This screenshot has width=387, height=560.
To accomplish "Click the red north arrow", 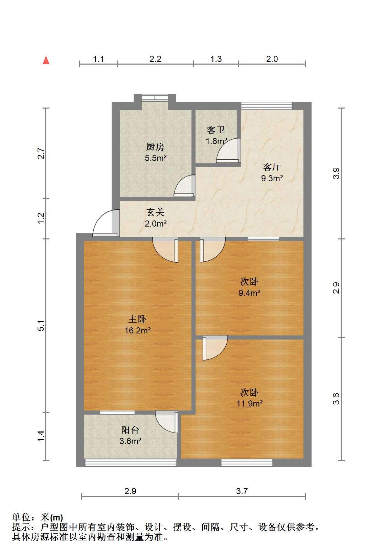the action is tap(46, 60).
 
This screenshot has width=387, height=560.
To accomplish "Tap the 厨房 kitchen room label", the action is tap(155, 147).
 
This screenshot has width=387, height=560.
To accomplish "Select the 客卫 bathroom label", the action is tap(215, 130).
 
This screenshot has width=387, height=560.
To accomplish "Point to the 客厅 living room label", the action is tap(272, 167).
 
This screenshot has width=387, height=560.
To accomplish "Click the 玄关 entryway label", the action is tap(155, 212).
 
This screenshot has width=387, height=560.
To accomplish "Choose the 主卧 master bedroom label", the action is tap(137, 319).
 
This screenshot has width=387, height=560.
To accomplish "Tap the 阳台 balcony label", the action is tap(130, 430).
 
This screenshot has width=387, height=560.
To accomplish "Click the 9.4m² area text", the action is tap(249, 293).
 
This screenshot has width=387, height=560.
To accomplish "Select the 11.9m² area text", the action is tap(249, 404).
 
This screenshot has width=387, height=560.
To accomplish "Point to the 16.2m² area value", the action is tap(137, 330).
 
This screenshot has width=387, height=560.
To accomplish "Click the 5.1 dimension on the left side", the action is tap(41, 326).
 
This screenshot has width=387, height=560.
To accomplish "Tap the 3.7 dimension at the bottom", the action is tap(242, 491).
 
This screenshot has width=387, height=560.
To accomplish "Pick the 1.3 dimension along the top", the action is tap(216, 59).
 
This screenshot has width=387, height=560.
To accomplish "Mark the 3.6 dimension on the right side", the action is tap(336, 399).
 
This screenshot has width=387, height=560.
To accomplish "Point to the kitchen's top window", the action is tap(155, 97).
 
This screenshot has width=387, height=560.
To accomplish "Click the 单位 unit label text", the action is tap(21, 517).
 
